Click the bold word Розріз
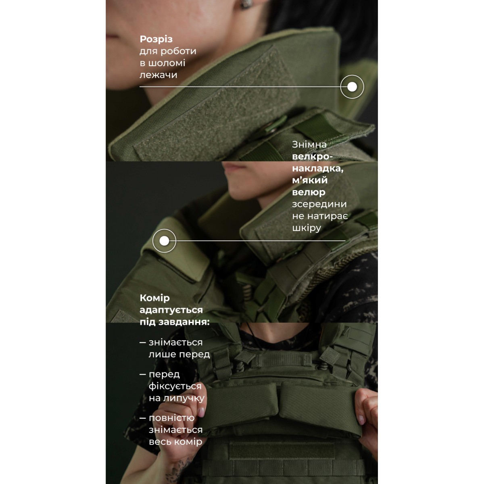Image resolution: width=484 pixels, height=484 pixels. click(156, 40)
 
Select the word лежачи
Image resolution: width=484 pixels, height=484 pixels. click(158, 75)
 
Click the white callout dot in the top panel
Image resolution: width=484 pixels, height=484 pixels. click(352, 87)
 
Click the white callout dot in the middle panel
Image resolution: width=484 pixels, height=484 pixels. click(164, 241)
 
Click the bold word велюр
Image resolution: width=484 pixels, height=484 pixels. click(309, 192)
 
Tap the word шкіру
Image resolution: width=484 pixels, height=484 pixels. click(307, 228)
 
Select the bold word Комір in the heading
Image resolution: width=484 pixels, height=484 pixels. click(154, 298)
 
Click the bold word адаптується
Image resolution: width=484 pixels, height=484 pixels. click(171, 310)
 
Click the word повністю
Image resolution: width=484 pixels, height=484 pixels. click(171, 418)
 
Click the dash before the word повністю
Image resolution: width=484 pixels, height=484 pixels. click(143, 418)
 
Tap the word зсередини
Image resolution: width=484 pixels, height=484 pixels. click(319, 204)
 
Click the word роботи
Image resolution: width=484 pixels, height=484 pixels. click(178, 51)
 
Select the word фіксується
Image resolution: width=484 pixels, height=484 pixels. click(175, 386)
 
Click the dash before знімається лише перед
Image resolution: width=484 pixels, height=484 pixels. click(143, 342)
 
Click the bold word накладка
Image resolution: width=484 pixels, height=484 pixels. click(317, 169)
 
